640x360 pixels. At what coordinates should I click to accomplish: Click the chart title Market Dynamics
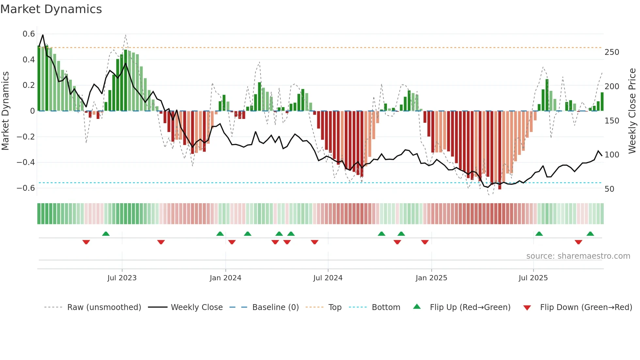pyautogui.click(x=51, y=9)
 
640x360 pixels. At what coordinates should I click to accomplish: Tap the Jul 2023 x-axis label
pyautogui.click(x=122, y=278)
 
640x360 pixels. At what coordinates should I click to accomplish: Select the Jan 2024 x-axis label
pyautogui.click(x=225, y=278)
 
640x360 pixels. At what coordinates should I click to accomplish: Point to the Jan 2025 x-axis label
pyautogui.click(x=431, y=278)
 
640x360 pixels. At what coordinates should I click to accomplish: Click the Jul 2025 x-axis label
pyautogui.click(x=533, y=278)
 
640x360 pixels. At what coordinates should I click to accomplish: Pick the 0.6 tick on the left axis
pyautogui.click(x=29, y=34)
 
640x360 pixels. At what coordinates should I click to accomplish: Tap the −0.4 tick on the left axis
pyautogui.click(x=26, y=162)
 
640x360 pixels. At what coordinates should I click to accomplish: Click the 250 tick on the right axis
pyautogui.click(x=612, y=52)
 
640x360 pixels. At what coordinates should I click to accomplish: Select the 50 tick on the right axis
pyautogui.click(x=609, y=189)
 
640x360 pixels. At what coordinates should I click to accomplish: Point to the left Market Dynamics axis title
pyautogui.click(x=5, y=111)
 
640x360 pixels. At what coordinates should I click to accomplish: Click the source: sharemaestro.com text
pyautogui.click(x=578, y=256)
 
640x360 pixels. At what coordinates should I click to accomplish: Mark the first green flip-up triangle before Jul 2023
pyautogui.click(x=106, y=234)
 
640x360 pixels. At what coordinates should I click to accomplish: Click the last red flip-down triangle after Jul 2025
pyautogui.click(x=578, y=242)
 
